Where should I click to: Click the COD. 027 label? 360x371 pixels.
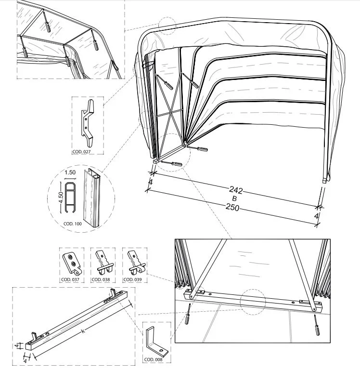(81, 152)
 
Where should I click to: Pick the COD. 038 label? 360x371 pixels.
(101, 279)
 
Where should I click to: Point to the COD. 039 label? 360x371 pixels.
(132, 279)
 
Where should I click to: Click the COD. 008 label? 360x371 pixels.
(154, 358)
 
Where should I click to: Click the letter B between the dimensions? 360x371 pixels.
(233, 199)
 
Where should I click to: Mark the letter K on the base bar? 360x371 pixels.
(83, 331)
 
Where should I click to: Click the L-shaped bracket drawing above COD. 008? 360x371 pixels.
(155, 339)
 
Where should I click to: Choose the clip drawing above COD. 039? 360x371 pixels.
(134, 262)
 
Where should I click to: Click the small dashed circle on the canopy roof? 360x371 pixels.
(167, 26)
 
